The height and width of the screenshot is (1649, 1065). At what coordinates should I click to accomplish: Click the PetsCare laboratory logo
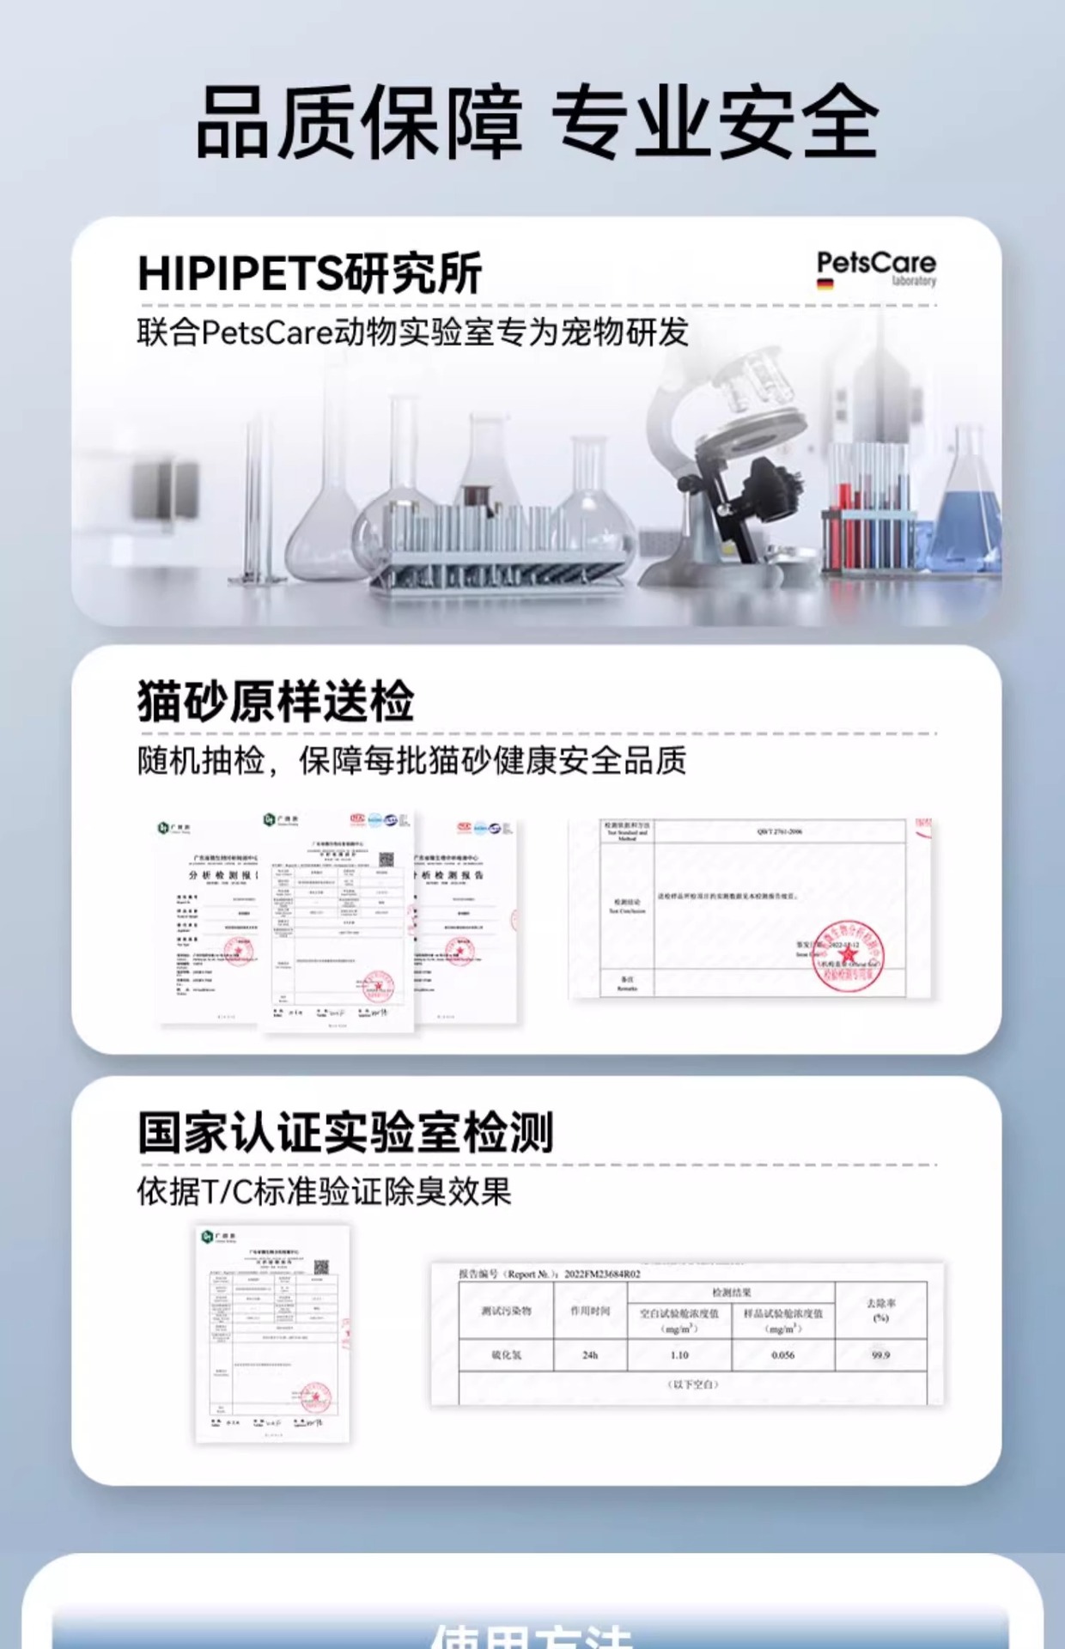875,267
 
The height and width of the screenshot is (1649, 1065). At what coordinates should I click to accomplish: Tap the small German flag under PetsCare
825,285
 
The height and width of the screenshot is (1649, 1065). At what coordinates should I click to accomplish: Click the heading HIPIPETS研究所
309,274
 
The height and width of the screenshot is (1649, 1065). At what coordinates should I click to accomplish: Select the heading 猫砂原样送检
276,702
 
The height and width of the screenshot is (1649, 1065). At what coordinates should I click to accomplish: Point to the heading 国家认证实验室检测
345,1132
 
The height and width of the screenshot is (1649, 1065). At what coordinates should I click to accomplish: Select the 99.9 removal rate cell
880,1355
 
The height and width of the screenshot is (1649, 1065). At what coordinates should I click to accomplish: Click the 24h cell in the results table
590,1355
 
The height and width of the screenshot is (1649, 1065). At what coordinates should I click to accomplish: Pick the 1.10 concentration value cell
679,1355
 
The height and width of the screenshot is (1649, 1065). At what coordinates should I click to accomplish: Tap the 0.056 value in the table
782,1355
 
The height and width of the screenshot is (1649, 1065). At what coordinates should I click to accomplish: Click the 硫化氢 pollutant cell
506,1355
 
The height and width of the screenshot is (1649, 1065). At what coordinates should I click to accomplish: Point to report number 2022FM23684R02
601,1275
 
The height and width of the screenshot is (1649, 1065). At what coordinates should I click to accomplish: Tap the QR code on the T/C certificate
321,1267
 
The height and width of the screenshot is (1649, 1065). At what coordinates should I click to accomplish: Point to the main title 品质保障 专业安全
537,122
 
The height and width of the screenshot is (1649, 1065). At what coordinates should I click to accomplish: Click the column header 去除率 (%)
880,1310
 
